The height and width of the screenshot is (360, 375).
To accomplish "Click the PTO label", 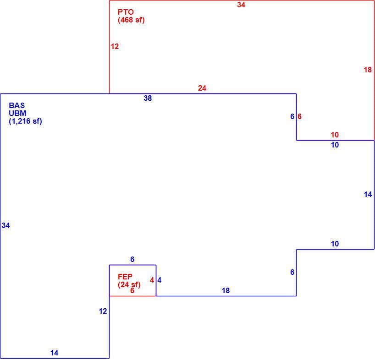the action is tap(126, 12).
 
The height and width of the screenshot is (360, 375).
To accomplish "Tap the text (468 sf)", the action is tap(131, 20).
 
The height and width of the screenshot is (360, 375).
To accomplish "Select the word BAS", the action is tap(17, 105).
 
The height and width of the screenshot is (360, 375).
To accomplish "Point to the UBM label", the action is tap(17, 113).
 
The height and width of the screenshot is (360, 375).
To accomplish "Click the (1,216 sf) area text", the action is tap(25, 121).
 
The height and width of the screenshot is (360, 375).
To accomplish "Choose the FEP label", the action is tap(125, 277).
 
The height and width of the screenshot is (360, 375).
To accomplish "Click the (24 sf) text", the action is tap(129, 284).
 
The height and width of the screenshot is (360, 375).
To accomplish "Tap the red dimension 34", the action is tap(241, 5).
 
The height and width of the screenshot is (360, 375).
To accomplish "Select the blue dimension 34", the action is tap(6, 225).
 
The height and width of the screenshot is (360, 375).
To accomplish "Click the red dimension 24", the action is tap(202, 88).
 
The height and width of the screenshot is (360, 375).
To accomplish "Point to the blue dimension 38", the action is tap(148, 98).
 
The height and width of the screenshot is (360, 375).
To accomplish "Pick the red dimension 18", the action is tap(368, 70).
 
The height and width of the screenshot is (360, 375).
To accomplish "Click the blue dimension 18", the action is tap(226, 290).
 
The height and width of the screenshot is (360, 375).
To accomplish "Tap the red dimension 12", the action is tap(115, 46).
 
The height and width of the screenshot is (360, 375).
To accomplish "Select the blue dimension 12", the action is tap(103, 311).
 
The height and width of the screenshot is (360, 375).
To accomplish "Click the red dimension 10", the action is tap(335, 135).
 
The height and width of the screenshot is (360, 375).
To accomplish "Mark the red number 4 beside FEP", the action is tap(152, 280).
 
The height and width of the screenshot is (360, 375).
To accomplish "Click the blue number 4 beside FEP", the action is tap(160, 280).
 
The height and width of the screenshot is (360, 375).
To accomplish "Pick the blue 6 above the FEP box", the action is tap(132, 259).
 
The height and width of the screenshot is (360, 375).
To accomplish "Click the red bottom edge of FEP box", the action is tap(133, 296).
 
